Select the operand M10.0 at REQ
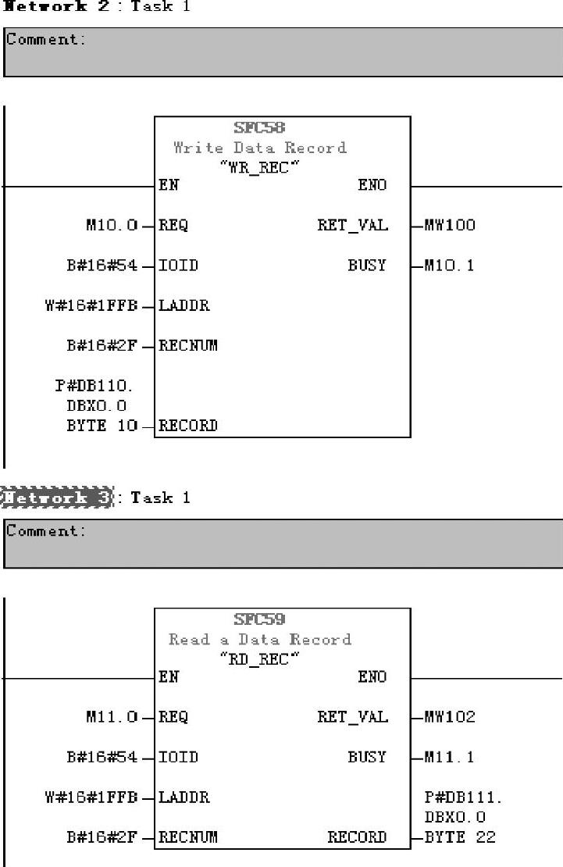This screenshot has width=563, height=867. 112,226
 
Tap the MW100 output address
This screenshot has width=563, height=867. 450,226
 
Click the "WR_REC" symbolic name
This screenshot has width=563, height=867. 258,166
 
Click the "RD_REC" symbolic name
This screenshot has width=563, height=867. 258,658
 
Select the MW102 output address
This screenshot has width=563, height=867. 450,718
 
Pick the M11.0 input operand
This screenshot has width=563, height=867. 112,718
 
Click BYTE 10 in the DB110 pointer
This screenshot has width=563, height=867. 102,426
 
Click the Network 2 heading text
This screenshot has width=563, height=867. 59,6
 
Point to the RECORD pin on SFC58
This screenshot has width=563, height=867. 188,426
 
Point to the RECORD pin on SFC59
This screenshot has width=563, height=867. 357,837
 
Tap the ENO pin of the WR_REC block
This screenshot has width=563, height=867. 372,186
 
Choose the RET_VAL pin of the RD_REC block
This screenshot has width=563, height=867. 352,718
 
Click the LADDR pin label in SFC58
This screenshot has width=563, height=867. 184,306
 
